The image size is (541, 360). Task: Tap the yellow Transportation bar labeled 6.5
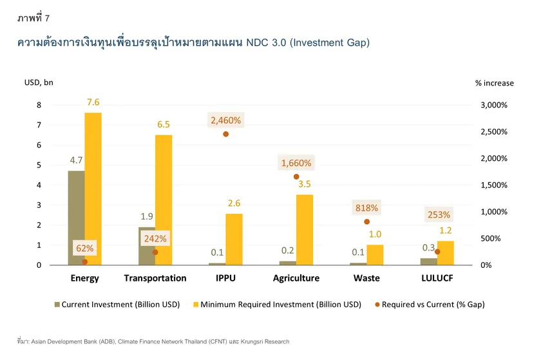point(164,200)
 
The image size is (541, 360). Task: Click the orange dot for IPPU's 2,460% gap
point(225,134)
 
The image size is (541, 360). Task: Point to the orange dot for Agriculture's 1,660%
point(296,176)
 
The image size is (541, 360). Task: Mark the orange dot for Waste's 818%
point(366,222)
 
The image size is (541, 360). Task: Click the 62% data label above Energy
point(84,248)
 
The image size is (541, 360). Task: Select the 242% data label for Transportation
point(155,238)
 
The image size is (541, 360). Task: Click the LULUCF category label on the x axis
point(437,278)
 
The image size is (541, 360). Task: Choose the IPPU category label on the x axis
point(225,278)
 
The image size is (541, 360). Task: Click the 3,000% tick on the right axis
point(494,105)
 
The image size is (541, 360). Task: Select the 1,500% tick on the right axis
point(494,185)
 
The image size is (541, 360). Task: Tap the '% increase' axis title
point(494,82)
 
